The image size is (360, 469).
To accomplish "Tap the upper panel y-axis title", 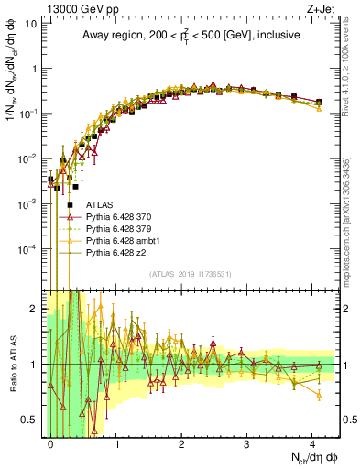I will tap(11, 92).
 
